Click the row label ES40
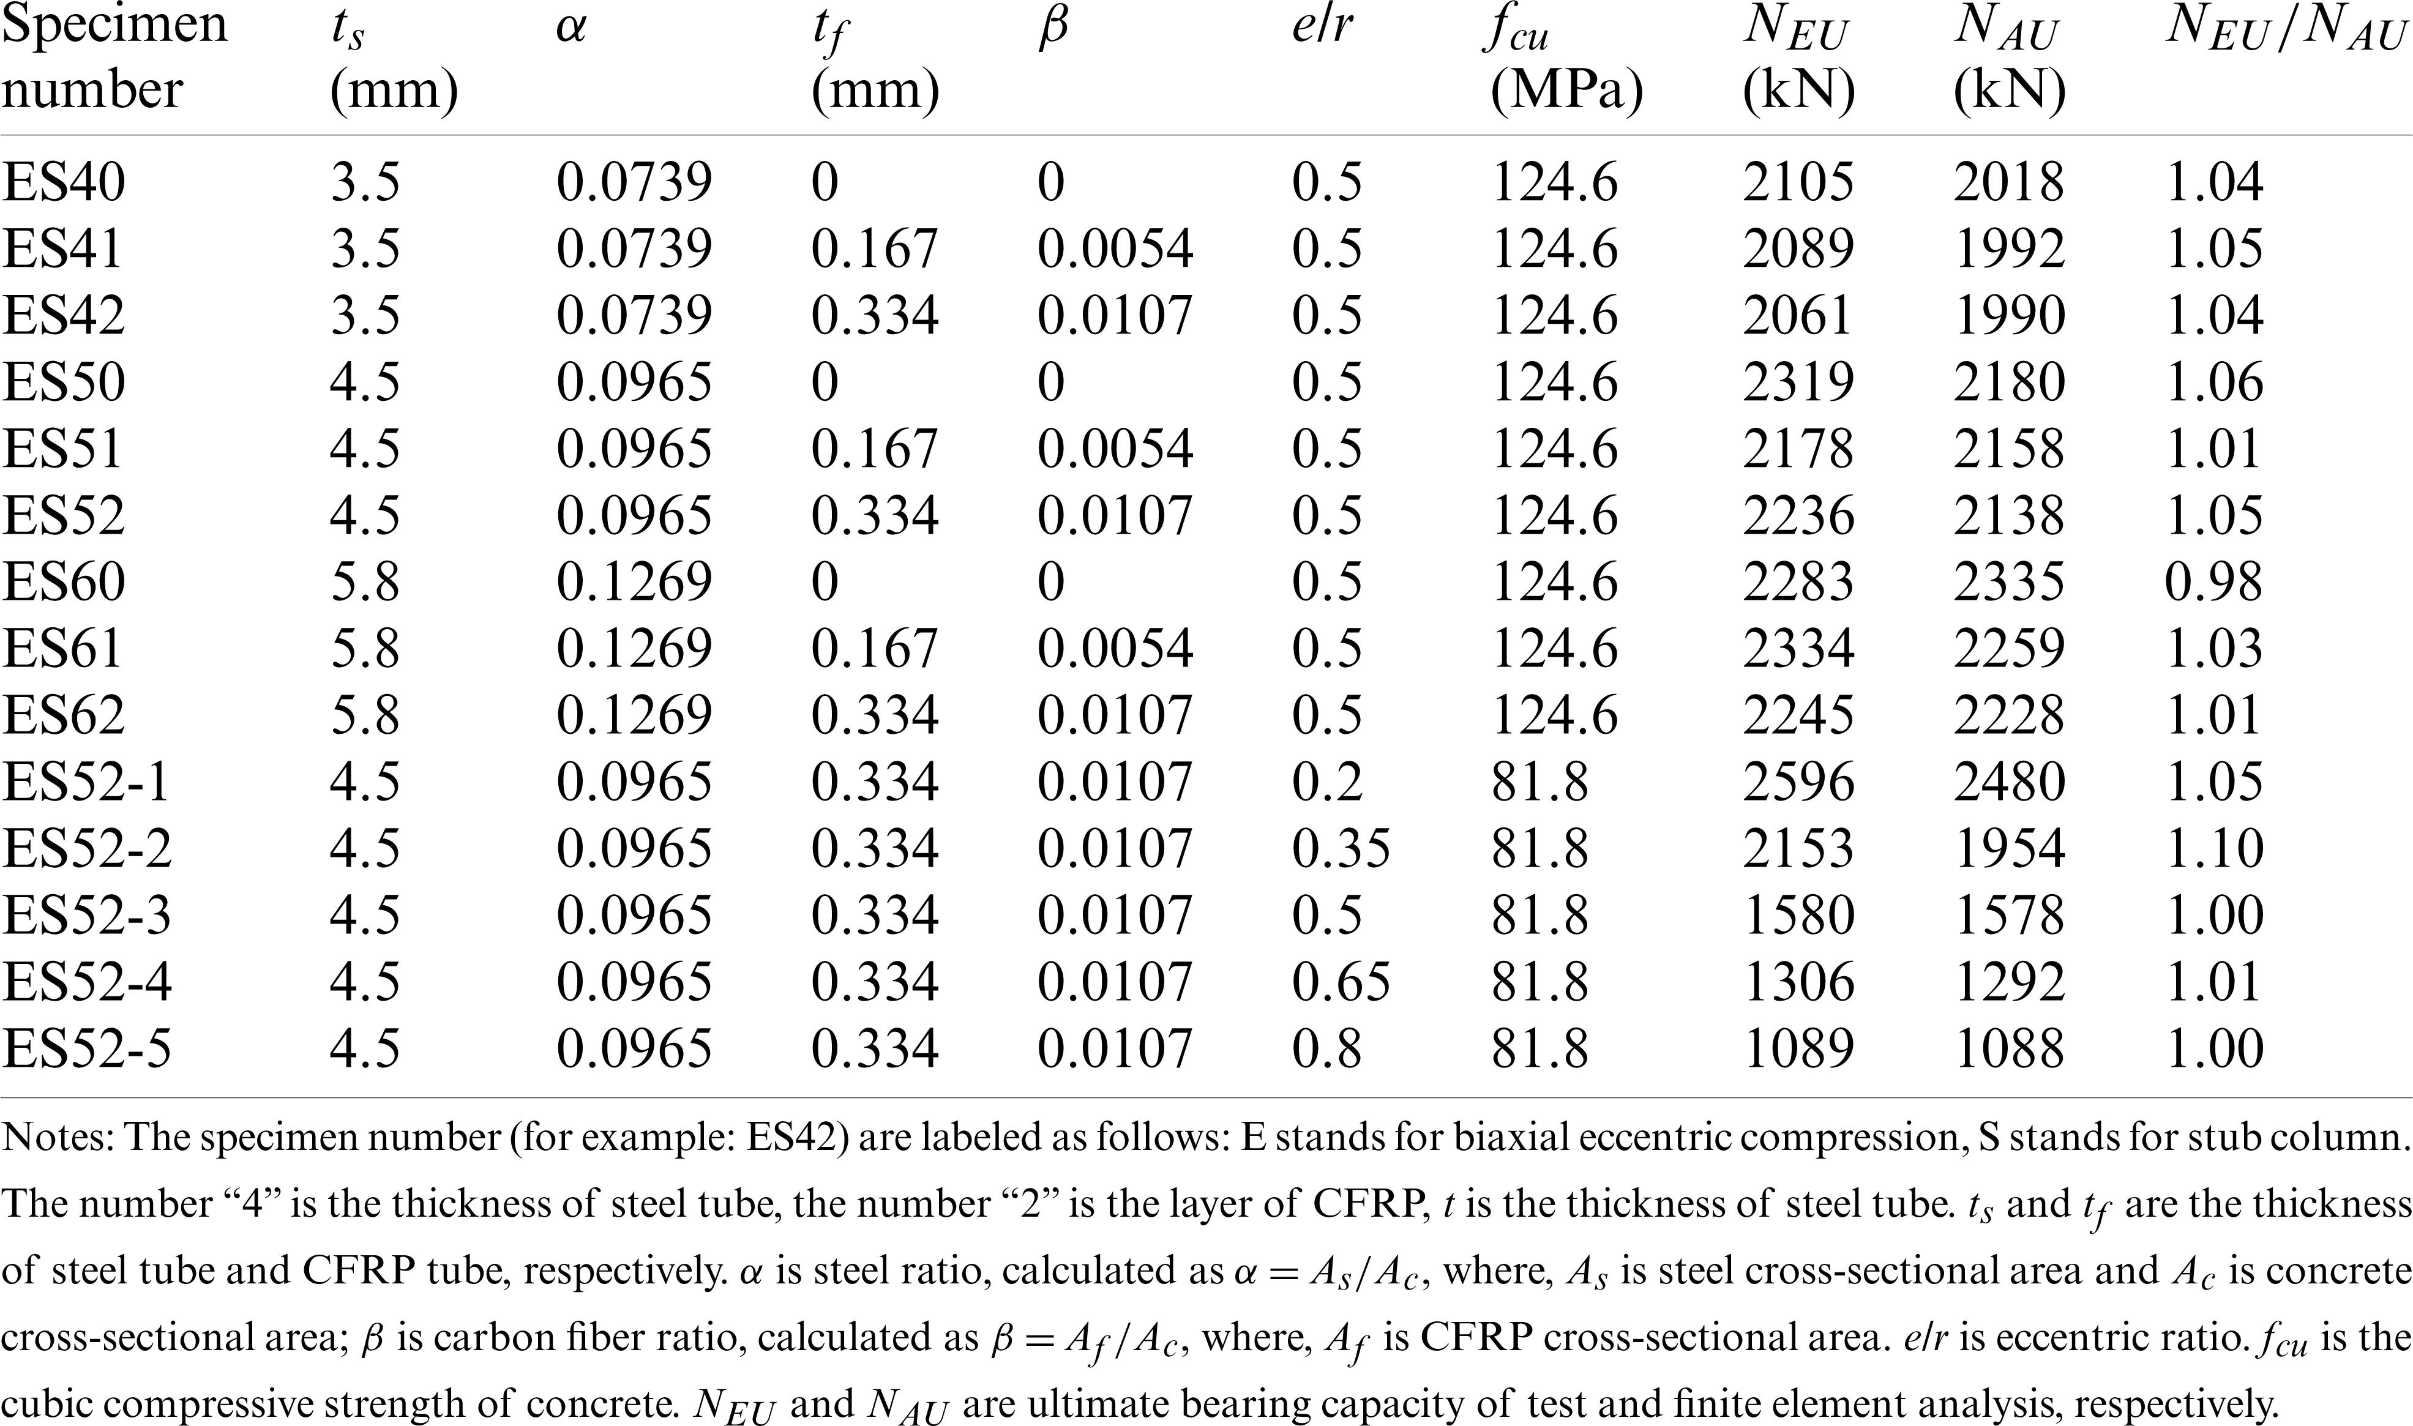point(64,182)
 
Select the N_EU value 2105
point(1798,182)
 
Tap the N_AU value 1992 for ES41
point(2008,249)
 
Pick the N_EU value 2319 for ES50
point(1798,383)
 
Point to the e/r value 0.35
point(1341,848)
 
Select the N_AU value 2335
point(2008,582)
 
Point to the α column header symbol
point(571,29)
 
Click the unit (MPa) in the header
point(1566,91)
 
